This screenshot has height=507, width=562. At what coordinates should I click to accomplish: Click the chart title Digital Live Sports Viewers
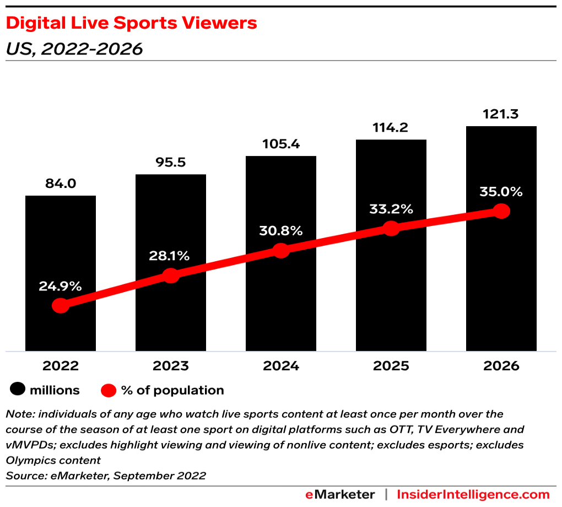click(131, 23)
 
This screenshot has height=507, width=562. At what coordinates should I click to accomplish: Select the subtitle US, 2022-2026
click(74, 49)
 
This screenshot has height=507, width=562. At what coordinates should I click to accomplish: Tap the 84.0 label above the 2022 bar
click(61, 184)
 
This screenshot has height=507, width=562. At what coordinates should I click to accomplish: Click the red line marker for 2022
click(61, 305)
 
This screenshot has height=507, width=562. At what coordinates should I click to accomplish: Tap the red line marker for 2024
click(281, 251)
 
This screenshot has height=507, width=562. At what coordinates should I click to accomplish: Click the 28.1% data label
click(171, 256)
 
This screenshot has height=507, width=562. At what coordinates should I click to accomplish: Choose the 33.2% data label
click(391, 209)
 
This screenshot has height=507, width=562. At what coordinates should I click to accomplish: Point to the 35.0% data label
click(501, 192)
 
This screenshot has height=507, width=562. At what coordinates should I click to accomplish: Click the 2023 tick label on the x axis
click(171, 366)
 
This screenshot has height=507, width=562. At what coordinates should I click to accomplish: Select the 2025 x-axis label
click(391, 366)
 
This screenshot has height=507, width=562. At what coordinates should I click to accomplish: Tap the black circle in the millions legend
click(18, 390)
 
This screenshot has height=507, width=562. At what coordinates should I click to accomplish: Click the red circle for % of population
click(109, 390)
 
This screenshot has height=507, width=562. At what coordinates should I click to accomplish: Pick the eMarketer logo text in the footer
click(340, 494)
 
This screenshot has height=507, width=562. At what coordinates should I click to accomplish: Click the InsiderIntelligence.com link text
click(473, 494)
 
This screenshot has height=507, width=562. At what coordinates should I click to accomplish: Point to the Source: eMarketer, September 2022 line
click(105, 476)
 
